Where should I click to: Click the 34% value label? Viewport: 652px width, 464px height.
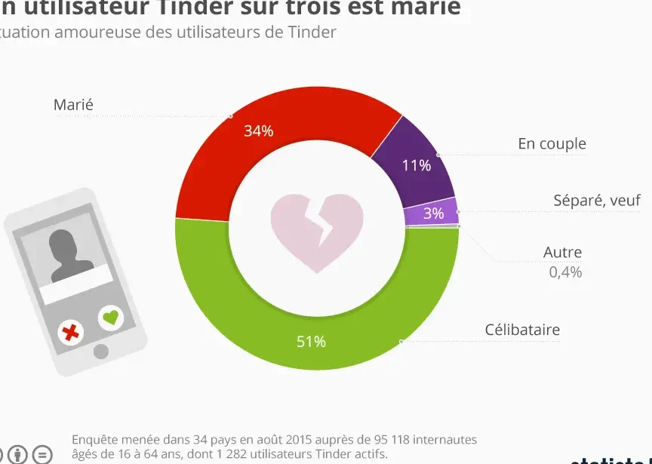(258, 131)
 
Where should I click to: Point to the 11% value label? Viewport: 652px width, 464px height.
(416, 165)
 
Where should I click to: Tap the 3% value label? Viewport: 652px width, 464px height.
(433, 214)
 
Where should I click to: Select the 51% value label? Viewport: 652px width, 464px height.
(311, 342)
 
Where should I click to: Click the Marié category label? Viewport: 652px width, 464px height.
(73, 105)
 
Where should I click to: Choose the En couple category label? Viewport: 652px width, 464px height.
(552, 143)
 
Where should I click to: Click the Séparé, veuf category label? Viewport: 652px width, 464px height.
(597, 200)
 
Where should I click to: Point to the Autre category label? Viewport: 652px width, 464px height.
(562, 253)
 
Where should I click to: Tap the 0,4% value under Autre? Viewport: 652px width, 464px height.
(565, 272)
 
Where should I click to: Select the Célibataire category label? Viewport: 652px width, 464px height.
(522, 330)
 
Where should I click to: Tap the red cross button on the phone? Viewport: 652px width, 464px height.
(72, 331)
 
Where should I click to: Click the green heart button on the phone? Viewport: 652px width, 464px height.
(112, 318)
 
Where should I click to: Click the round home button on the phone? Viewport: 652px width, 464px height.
(100, 352)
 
